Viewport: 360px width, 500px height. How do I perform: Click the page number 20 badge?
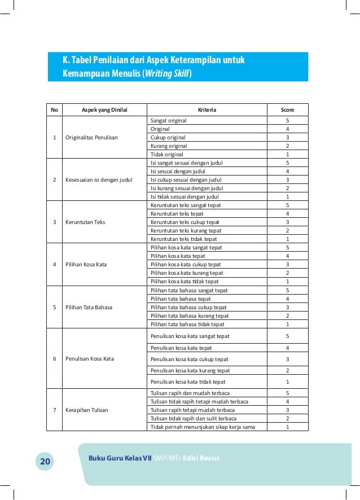pos(45,462)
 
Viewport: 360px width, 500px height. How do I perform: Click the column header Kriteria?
pos(207,110)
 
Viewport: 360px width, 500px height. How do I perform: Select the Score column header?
pos(287,110)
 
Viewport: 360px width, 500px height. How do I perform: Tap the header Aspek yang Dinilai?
pos(104,110)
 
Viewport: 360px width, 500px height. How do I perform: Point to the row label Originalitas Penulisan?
pos(92,138)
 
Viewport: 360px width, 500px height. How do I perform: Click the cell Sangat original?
pos(169,121)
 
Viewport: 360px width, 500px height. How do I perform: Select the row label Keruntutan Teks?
pos(85,222)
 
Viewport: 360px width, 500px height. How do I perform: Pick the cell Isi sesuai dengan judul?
pos(178,172)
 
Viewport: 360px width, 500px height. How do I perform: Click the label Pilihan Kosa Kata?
pos(86,265)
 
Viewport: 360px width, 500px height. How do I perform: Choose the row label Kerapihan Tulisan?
pos(87,410)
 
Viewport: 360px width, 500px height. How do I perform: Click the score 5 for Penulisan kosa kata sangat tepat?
pos(287,336)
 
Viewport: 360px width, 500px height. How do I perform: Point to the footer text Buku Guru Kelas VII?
pos(120,458)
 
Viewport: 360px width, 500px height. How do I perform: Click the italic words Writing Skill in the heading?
pos(167,73)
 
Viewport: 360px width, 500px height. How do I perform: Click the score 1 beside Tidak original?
pos(287,155)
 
